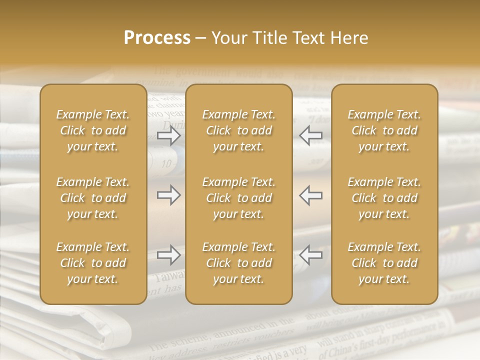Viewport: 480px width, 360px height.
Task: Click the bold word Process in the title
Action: click(157, 38)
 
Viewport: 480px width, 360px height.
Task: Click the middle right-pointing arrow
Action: click(168, 195)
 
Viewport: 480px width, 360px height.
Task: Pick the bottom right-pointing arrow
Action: click(168, 255)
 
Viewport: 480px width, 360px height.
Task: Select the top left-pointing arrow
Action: click(311, 135)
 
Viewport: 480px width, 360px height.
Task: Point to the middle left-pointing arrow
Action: click(311, 195)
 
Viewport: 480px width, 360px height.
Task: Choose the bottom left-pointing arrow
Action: click(311, 255)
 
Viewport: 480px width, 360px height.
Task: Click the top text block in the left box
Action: click(93, 130)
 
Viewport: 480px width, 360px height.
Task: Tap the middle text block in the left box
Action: click(93, 198)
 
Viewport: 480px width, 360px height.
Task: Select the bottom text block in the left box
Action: click(93, 263)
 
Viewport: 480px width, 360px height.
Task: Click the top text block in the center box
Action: click(238, 130)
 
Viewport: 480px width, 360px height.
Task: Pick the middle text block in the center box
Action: click(238, 198)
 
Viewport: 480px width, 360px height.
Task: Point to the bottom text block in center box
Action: click(238, 263)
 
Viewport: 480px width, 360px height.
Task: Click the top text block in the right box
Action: click(384, 130)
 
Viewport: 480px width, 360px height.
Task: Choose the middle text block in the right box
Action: click(384, 198)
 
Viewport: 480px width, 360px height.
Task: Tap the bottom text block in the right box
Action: click(384, 263)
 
